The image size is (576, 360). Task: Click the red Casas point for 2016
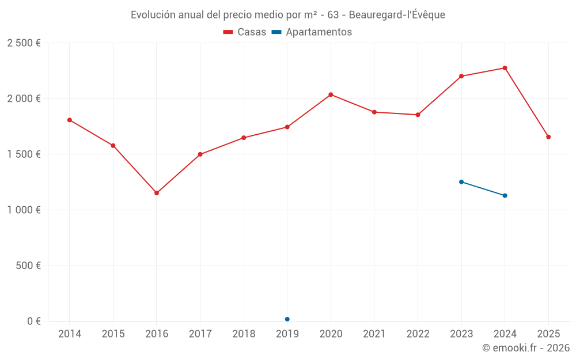157,193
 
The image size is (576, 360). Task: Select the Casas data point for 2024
505,68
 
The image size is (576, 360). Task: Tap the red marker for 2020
331,94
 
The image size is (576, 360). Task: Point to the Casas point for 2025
548,137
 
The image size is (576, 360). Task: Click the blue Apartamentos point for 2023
461,182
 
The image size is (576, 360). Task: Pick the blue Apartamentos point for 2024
505,196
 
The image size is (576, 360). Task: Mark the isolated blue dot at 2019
287,319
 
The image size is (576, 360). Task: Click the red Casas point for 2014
70,120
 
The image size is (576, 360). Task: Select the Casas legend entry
245,32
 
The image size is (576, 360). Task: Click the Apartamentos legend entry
312,32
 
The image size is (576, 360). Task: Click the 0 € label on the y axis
34,321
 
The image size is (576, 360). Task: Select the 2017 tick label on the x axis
200,334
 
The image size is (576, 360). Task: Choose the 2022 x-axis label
418,334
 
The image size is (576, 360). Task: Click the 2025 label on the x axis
548,334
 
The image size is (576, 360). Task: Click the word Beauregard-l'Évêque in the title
397,15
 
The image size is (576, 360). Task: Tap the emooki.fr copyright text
525,348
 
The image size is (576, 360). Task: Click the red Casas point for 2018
244,138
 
